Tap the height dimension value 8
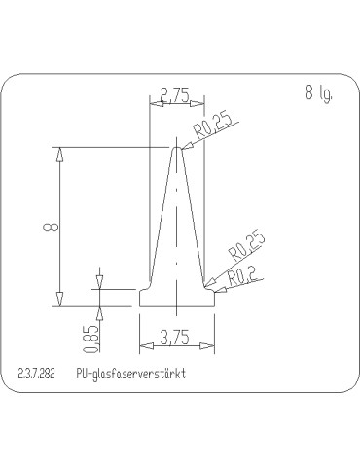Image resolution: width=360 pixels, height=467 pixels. tap(47, 227)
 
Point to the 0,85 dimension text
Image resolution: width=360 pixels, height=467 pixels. tap(90, 337)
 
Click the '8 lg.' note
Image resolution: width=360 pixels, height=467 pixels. tap(317, 94)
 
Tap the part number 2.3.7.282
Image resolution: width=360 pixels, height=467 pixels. tap(36, 375)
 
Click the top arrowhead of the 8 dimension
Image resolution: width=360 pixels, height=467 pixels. tap(60, 151)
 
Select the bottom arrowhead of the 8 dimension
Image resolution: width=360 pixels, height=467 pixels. tap(60, 301)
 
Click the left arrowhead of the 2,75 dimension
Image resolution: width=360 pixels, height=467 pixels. tap(153, 102)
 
